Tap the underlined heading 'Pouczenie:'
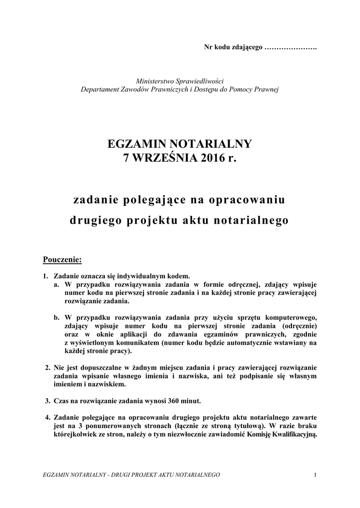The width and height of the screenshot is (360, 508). pyautogui.click(x=62, y=259)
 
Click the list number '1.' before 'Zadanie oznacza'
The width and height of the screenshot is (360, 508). pyautogui.click(x=46, y=276)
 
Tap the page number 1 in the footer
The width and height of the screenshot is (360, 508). pyautogui.click(x=315, y=475)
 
